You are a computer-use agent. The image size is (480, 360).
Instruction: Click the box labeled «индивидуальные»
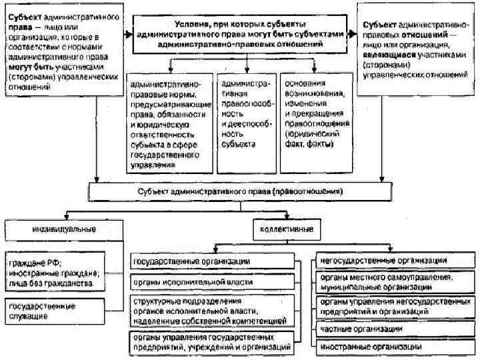tap(64, 229)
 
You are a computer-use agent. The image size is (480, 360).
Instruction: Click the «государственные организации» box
tap(211, 260)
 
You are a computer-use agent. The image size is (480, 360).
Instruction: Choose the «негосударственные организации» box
tap(393, 261)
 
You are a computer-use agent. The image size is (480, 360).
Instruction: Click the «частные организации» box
tap(393, 329)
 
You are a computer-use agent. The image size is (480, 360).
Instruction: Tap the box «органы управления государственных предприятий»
tap(211, 342)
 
